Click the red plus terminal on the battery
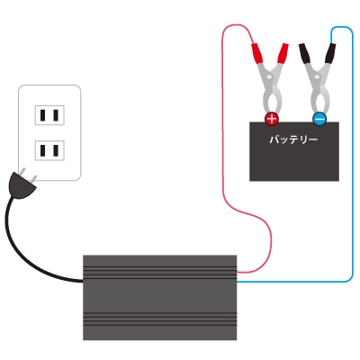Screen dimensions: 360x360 272,119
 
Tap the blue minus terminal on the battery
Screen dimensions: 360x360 319,119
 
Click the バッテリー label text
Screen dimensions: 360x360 293,139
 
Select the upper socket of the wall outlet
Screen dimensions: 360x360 49,115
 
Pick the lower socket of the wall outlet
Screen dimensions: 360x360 49,150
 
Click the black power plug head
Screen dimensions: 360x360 21,186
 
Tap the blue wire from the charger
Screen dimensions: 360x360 352,150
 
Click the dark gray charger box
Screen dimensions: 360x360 159,298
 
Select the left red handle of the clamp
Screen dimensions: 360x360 257,53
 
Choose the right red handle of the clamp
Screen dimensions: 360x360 283,53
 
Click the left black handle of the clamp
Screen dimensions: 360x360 306,54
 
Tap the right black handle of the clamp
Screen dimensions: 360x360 330,53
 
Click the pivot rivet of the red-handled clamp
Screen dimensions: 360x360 269,77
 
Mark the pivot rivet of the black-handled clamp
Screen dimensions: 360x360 317,77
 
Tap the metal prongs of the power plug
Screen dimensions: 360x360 28,176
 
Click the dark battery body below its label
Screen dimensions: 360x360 294,164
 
